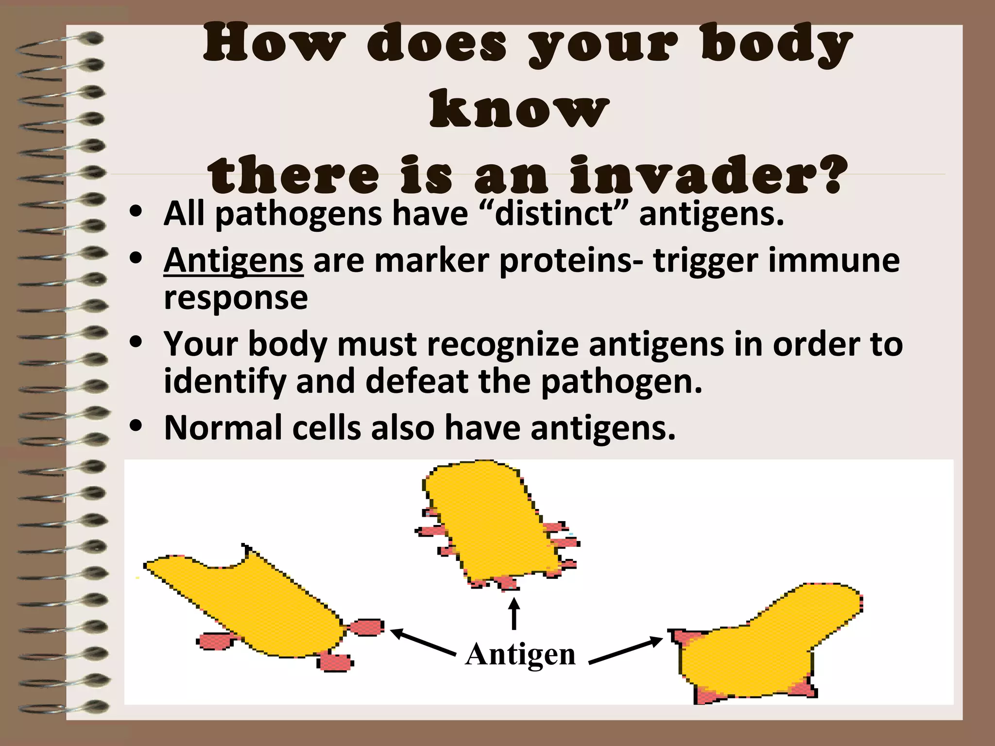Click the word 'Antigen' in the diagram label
pyautogui.click(x=520, y=655)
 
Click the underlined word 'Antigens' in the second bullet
pyautogui.click(x=233, y=261)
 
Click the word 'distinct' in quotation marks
pyautogui.click(x=553, y=214)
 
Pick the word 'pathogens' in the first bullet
pyautogui.click(x=298, y=215)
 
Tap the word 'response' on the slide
pyautogui.click(x=236, y=297)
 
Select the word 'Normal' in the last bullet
pyautogui.click(x=223, y=428)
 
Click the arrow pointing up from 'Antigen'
pyautogui.click(x=514, y=613)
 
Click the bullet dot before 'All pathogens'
pyautogui.click(x=136, y=212)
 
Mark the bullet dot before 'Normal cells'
pyautogui.click(x=136, y=426)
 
